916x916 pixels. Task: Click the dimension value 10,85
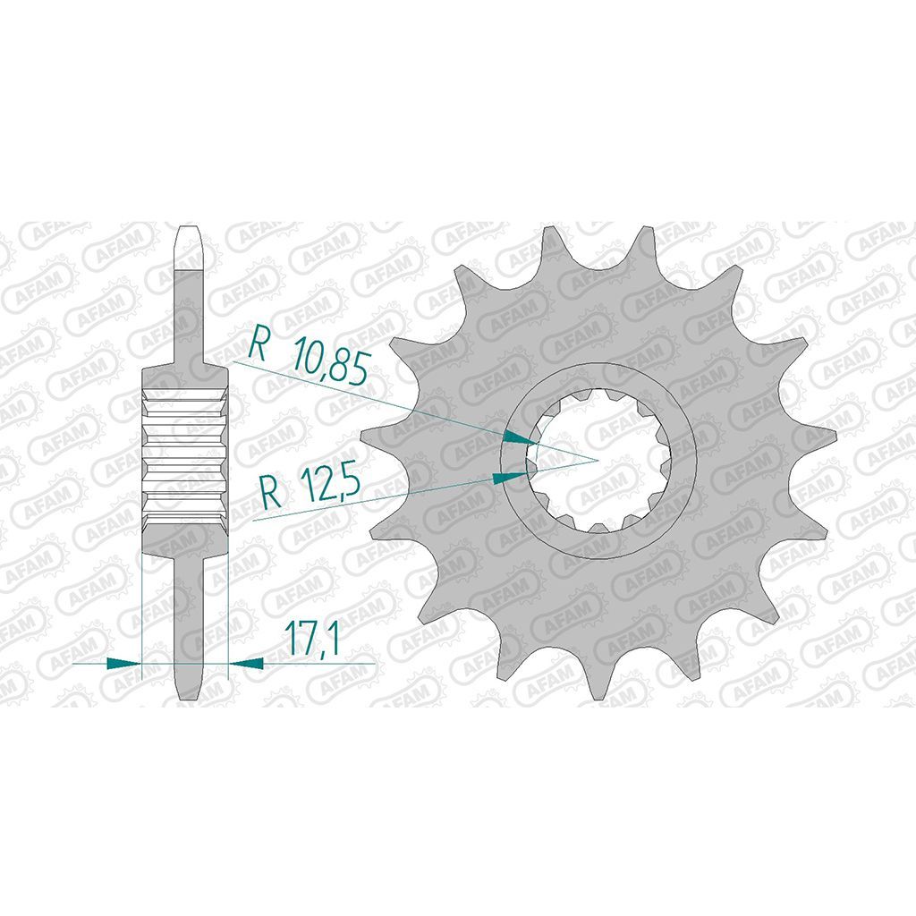click(x=331, y=361)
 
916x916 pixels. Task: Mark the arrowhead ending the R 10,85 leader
click(x=520, y=437)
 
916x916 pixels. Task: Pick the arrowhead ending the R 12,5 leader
click(x=510, y=477)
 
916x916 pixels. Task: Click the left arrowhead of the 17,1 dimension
click(x=124, y=663)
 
